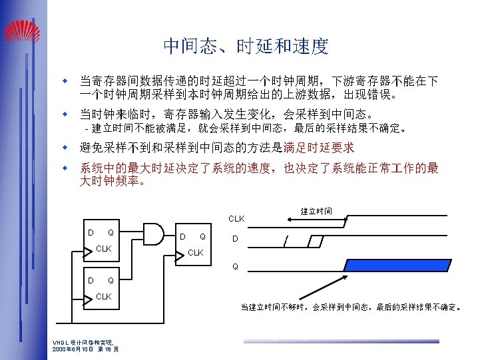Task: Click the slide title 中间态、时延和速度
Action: click(x=246, y=46)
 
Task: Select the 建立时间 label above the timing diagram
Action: click(x=316, y=212)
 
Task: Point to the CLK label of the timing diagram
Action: click(x=236, y=218)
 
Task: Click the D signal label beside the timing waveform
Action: click(x=234, y=240)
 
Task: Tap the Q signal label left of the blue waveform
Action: click(x=235, y=268)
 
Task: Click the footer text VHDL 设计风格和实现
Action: click(x=79, y=343)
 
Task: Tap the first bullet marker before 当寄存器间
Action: click(x=66, y=81)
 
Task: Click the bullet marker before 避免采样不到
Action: click(x=66, y=147)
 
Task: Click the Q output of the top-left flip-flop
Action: click(x=111, y=232)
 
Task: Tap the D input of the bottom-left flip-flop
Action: click(x=91, y=280)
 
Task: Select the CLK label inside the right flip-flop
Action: click(x=196, y=252)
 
